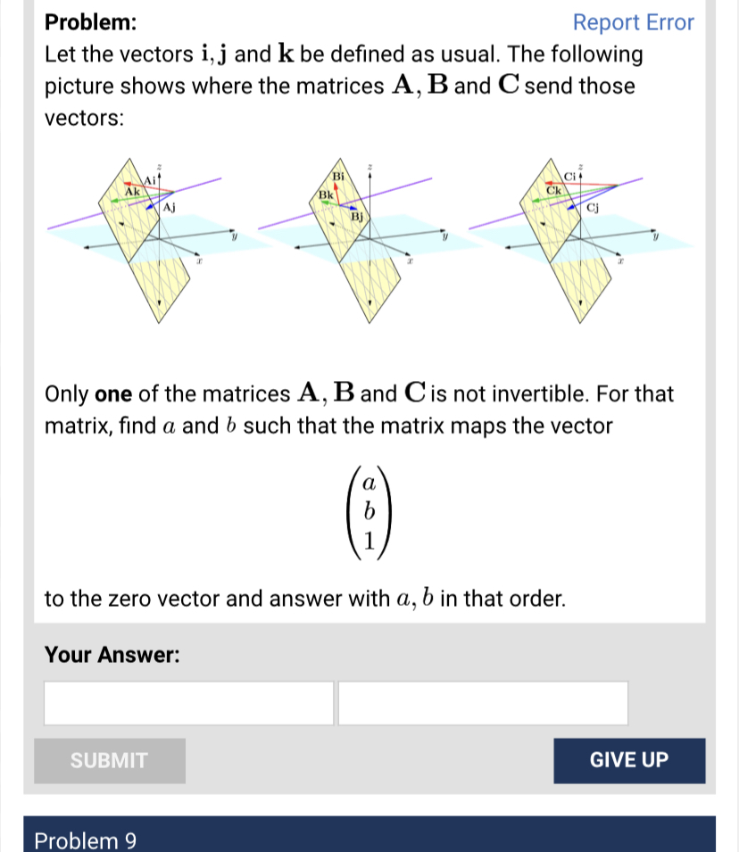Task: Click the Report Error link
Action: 633,22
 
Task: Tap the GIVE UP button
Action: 628,760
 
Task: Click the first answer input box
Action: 189,703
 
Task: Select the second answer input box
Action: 483,703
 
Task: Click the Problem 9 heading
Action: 85,840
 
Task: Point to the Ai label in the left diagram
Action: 150,179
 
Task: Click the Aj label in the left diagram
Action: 169,207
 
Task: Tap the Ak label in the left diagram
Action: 132,191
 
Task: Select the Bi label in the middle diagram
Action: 339,175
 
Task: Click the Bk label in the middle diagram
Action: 326,193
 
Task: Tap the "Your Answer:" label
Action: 112,655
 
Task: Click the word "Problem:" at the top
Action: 91,22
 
